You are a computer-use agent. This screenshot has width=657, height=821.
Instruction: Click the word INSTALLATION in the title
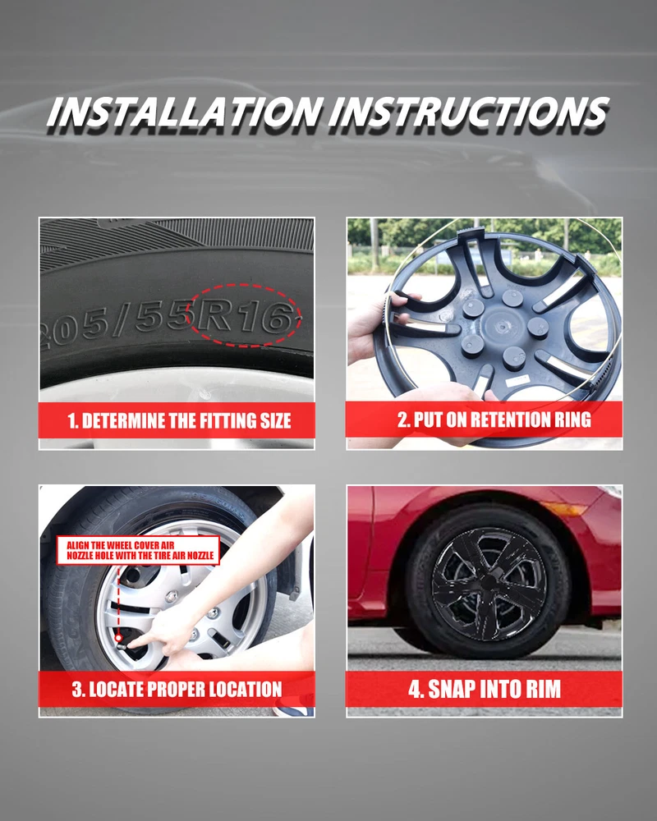tap(185, 112)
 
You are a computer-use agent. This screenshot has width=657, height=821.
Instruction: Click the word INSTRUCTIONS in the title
tap(468, 112)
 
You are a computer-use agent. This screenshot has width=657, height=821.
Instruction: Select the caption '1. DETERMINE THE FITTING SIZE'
tap(179, 420)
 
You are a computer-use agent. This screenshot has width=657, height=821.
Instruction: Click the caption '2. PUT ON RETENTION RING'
tap(494, 420)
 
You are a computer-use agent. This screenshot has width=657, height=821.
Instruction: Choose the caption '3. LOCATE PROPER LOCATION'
tap(177, 689)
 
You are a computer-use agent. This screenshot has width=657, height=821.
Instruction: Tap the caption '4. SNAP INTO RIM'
tap(485, 689)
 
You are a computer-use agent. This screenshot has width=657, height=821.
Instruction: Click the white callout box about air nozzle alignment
tap(138, 550)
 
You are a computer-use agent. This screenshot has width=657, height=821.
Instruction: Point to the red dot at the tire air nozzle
tap(118, 638)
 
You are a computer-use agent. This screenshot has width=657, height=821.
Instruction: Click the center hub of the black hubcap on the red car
tap(489, 583)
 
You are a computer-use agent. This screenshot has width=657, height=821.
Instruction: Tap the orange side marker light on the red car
tap(563, 508)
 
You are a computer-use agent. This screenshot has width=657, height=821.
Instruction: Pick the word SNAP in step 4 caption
tap(451, 689)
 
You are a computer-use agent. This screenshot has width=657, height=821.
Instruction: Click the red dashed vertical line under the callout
tap(118, 599)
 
